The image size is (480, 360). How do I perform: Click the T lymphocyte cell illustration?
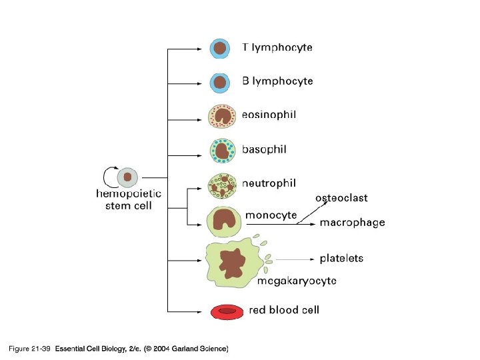[x=220, y=49]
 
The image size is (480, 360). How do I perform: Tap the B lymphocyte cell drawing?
[x=220, y=82]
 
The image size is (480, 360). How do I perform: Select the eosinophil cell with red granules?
[x=222, y=116]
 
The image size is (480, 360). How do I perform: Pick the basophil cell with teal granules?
[x=222, y=150]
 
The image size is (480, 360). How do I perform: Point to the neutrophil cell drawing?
[x=223, y=186]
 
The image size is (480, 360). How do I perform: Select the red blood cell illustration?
[x=227, y=311]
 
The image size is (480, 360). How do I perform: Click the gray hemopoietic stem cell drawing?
[x=127, y=177]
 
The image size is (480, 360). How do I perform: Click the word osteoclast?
[x=341, y=198]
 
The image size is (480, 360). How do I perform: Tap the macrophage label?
[x=352, y=223]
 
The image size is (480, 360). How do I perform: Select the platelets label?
[x=341, y=258]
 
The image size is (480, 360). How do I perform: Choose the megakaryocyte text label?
[x=297, y=281]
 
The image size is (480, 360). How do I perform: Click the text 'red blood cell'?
[x=284, y=310]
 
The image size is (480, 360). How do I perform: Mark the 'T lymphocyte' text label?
[x=277, y=48]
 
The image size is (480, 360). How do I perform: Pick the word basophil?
[x=264, y=149]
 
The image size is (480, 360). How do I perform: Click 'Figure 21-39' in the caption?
[x=29, y=349]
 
